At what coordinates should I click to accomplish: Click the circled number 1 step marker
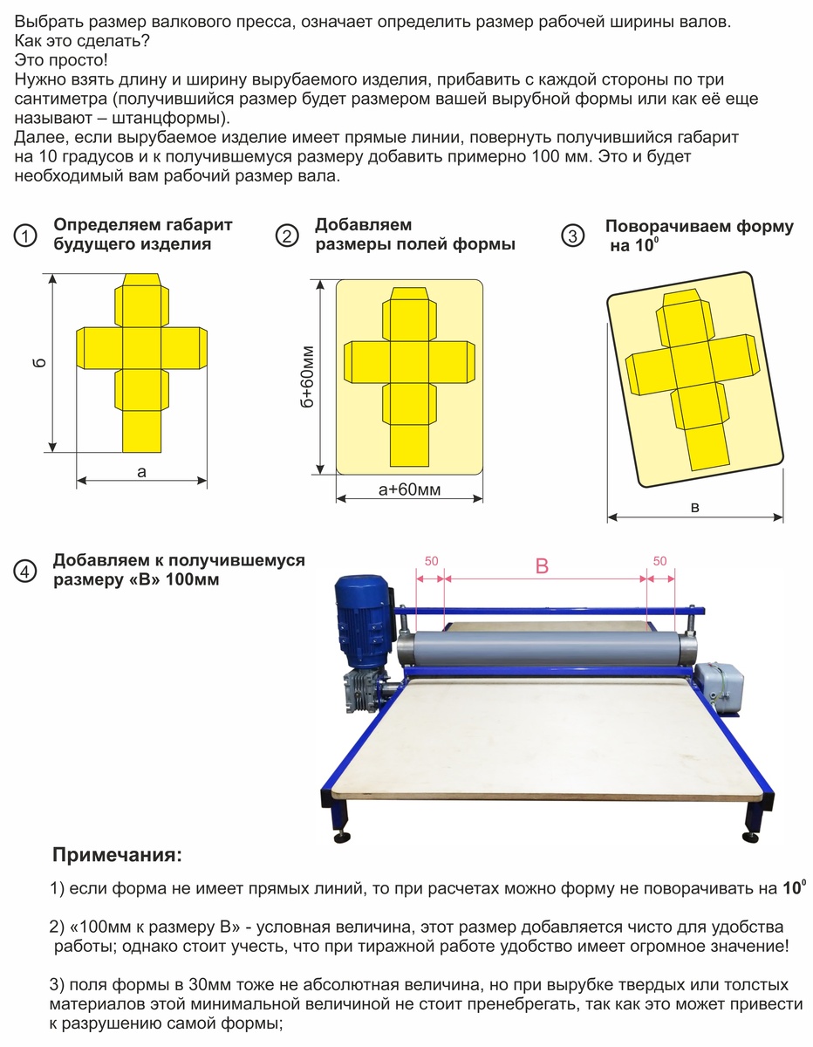tap(27, 236)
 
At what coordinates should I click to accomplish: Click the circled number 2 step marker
tap(287, 236)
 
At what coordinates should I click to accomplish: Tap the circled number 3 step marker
tap(572, 236)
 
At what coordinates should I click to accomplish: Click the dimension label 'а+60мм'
tap(409, 490)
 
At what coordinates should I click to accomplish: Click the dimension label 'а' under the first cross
tap(141, 471)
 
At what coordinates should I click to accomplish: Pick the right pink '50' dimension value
tap(660, 560)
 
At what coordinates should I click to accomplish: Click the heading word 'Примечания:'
tap(118, 852)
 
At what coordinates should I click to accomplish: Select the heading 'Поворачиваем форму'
tap(699, 227)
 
